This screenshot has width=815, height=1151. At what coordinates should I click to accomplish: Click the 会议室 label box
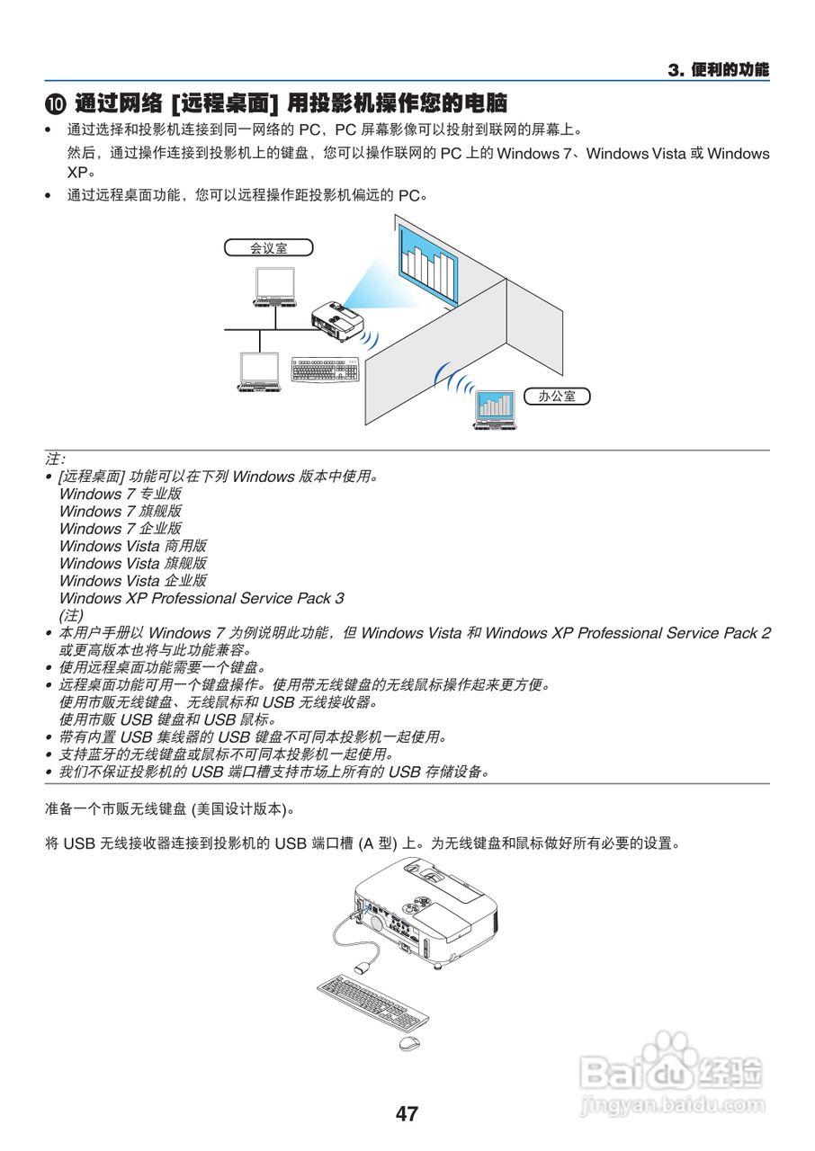[268, 247]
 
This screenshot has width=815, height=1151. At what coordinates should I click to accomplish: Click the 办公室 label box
[557, 396]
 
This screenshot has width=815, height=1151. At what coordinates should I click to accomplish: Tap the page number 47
[407, 1113]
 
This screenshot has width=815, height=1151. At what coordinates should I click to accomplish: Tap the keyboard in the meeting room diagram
[325, 370]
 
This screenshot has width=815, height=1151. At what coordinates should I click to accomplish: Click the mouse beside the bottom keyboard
[409, 1043]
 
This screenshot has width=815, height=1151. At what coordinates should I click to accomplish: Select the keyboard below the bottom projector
[372, 1002]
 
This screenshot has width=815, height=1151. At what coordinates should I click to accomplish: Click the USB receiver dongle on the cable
[363, 968]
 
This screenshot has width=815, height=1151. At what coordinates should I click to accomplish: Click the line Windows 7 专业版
[120, 494]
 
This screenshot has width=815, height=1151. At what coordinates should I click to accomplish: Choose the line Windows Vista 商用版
[132, 546]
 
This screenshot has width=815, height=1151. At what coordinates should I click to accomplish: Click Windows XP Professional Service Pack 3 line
[201, 598]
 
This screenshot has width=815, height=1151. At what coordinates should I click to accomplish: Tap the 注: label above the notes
[55, 459]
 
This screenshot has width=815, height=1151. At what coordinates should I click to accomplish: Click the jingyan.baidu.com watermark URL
[673, 1103]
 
